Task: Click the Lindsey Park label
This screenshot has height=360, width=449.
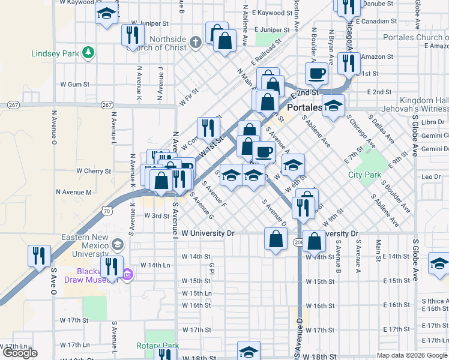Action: (55, 53)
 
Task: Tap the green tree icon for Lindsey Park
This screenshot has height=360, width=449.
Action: (88, 53)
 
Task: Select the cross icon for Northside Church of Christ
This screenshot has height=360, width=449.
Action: (195, 42)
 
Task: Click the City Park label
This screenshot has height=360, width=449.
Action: (365, 175)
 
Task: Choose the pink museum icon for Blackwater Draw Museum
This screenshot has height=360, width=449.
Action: (127, 275)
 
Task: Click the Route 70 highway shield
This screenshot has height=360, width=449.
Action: (107, 211)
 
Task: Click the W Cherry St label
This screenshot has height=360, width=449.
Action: (94, 171)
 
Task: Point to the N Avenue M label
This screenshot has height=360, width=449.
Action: (74, 193)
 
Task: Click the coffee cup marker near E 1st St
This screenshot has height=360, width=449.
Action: (316, 74)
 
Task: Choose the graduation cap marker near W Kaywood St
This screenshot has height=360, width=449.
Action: (106, 14)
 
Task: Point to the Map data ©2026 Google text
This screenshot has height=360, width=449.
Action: (412, 355)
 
